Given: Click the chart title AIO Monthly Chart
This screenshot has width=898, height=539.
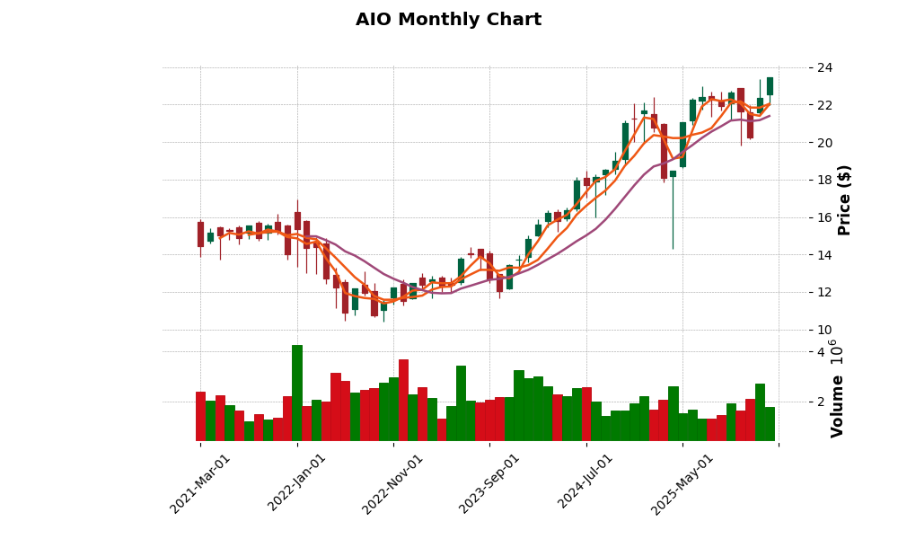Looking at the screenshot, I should [448, 20].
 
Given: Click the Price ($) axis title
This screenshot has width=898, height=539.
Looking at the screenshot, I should [844, 199].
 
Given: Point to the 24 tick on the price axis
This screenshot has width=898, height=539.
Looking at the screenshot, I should [824, 68].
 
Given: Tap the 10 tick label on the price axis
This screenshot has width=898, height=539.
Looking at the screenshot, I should [824, 330].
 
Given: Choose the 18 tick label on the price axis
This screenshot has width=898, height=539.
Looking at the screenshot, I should [824, 181].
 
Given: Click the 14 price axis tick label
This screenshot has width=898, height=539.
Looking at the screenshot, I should [824, 255].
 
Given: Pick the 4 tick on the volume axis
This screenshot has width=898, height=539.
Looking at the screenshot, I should [820, 352].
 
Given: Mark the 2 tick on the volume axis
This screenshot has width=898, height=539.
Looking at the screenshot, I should [820, 402].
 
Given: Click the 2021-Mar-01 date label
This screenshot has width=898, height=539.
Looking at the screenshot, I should [200, 482].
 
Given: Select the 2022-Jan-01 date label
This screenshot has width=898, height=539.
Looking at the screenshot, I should [297, 482].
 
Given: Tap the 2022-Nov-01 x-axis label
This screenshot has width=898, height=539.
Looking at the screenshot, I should [392, 482].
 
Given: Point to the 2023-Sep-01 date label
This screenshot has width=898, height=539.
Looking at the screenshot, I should [489, 482].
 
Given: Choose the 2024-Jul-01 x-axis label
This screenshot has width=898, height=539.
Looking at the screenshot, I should [586, 482].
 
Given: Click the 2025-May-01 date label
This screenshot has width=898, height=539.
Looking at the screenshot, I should [682, 482].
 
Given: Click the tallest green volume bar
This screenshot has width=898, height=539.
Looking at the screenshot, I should [297, 393].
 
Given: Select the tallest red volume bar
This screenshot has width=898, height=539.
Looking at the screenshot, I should [403, 400].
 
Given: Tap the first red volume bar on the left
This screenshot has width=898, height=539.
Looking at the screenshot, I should [200, 416].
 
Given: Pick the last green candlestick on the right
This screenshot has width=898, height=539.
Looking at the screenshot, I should [770, 86].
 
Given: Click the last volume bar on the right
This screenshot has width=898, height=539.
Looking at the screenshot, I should [770, 424].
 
